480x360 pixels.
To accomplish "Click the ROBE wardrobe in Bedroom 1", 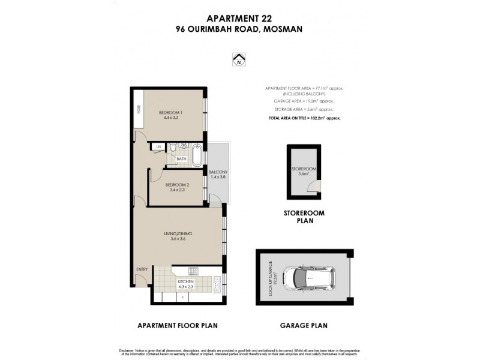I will [139, 109].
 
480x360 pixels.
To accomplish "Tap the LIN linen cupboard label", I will [159, 147].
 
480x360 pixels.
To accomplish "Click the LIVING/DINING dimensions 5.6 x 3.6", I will [178, 238].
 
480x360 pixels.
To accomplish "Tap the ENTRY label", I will [142, 269].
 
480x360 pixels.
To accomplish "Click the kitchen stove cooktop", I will [193, 271].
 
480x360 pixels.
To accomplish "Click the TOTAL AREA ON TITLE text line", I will [304, 118].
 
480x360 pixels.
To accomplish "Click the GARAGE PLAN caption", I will [304, 326].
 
